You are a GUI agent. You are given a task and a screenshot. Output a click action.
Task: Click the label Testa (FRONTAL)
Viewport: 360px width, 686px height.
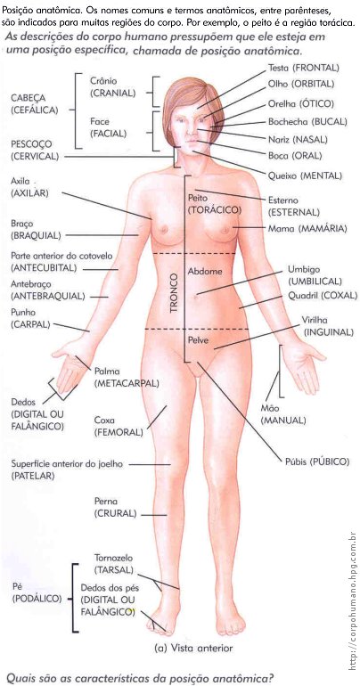coord(304,68)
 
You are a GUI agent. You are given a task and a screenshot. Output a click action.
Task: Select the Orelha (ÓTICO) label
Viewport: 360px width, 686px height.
coord(301,104)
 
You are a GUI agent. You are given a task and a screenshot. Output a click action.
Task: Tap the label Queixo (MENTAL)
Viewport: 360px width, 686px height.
coord(305,176)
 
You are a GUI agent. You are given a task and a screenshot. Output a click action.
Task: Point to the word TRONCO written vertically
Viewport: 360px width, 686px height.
coord(174,293)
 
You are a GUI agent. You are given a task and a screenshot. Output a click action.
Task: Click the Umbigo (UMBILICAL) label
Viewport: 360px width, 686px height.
coord(315,275)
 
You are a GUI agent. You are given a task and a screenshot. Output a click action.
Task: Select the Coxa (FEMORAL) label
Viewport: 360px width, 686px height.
coord(119,427)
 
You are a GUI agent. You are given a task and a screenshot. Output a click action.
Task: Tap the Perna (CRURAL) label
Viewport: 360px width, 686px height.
coord(116,507)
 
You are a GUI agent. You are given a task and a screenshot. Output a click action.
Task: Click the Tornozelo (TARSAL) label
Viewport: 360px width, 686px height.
coord(114,564)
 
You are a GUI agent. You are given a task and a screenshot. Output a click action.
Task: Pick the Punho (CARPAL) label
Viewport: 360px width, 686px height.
coord(30,319)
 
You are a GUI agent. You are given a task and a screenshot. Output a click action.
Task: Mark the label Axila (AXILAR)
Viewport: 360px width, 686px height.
coord(29,187)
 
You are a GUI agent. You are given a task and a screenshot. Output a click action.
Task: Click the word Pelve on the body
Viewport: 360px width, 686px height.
coord(198,340)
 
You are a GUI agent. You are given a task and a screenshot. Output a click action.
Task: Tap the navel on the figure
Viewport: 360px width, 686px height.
coord(195,295)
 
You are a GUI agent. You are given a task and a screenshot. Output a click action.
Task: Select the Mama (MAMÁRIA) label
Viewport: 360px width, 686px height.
coord(307,228)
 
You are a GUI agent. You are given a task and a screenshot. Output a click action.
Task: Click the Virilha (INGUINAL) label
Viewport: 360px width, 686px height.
coord(327,326)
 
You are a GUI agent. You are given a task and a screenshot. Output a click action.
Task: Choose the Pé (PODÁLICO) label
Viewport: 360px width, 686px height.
coord(37,592)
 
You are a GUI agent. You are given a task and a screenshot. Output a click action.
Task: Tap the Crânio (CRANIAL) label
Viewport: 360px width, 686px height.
coord(112,87)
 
